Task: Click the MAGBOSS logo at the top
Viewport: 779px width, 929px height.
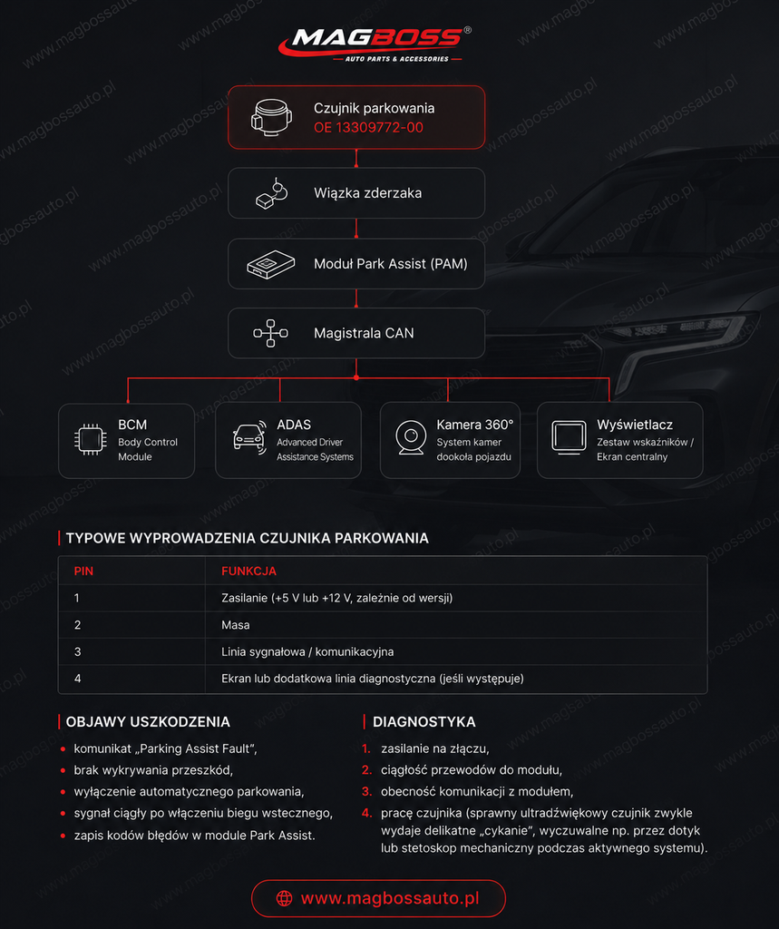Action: point(375,44)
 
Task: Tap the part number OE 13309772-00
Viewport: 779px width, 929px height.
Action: point(368,127)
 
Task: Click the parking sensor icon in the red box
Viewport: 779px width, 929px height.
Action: point(271,117)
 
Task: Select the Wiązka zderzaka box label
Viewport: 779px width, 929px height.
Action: point(368,193)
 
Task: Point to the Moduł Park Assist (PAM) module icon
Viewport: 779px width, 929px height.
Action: point(271,264)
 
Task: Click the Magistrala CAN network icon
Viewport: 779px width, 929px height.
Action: point(271,333)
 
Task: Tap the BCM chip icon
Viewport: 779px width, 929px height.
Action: point(91,440)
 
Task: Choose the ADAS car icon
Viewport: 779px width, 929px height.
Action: point(249,438)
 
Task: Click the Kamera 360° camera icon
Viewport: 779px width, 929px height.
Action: point(411,438)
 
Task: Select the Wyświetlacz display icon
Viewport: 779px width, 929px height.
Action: point(569,438)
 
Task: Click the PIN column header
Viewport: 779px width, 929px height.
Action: point(83,572)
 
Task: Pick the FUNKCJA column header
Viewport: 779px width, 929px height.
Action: point(248,572)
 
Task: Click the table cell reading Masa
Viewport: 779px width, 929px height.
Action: point(235,625)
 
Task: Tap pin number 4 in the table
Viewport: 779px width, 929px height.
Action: point(78,679)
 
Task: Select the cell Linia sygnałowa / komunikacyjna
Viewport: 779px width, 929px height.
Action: point(307,651)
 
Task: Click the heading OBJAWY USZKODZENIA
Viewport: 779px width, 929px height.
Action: point(148,721)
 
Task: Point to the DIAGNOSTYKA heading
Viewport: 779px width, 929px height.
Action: point(424,721)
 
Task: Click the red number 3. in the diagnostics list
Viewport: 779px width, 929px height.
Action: point(366,791)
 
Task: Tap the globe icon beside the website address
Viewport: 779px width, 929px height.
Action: point(285,898)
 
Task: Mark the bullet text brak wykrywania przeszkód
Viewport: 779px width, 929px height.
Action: point(153,770)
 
